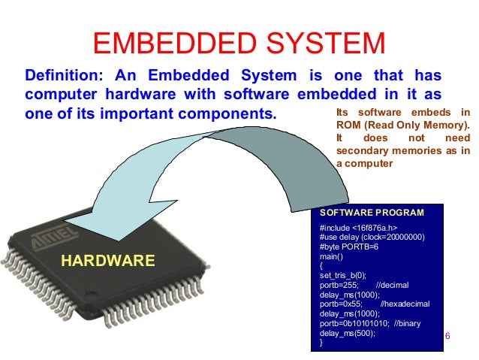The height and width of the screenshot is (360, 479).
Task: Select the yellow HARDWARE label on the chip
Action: click(x=107, y=261)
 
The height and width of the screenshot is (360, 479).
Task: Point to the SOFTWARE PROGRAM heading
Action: click(x=372, y=213)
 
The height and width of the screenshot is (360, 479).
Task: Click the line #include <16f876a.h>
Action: click(x=358, y=228)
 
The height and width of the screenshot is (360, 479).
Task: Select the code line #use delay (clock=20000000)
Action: click(x=372, y=237)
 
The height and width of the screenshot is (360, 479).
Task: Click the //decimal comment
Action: click(x=391, y=286)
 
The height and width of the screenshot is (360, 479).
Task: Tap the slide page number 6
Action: click(x=447, y=335)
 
